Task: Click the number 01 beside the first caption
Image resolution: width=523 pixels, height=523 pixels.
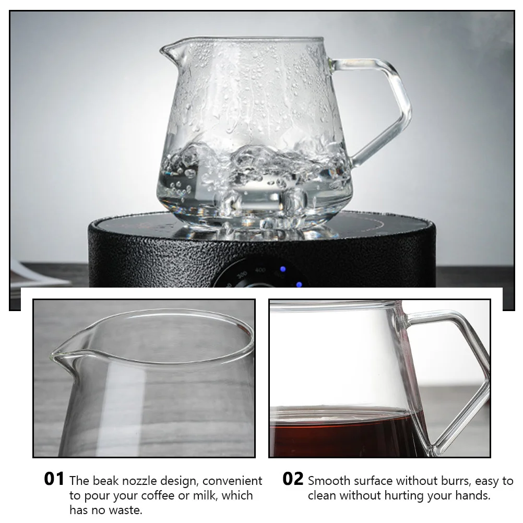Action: [x=54, y=479]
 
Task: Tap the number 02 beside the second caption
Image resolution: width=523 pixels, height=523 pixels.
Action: [x=293, y=479]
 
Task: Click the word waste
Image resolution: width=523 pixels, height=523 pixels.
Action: [x=126, y=510]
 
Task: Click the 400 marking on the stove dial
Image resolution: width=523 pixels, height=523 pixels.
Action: [x=261, y=270]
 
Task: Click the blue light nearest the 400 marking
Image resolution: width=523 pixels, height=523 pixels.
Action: [x=282, y=269]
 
